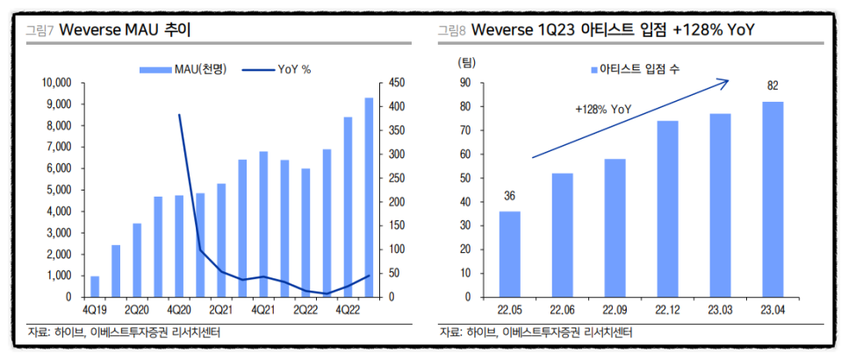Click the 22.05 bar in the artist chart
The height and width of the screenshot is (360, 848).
(x=510, y=254)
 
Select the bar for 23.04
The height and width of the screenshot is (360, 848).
(x=773, y=199)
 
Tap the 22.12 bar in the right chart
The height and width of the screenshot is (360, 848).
(x=668, y=209)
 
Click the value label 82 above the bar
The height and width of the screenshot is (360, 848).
(x=773, y=86)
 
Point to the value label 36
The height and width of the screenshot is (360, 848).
(x=510, y=196)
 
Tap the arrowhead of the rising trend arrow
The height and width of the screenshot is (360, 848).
(x=724, y=82)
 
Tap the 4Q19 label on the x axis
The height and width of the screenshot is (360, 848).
(x=94, y=309)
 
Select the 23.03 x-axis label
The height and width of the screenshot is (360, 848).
(x=721, y=309)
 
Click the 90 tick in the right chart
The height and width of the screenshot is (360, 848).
(x=465, y=83)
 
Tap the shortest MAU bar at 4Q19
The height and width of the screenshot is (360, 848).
(x=94, y=286)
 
